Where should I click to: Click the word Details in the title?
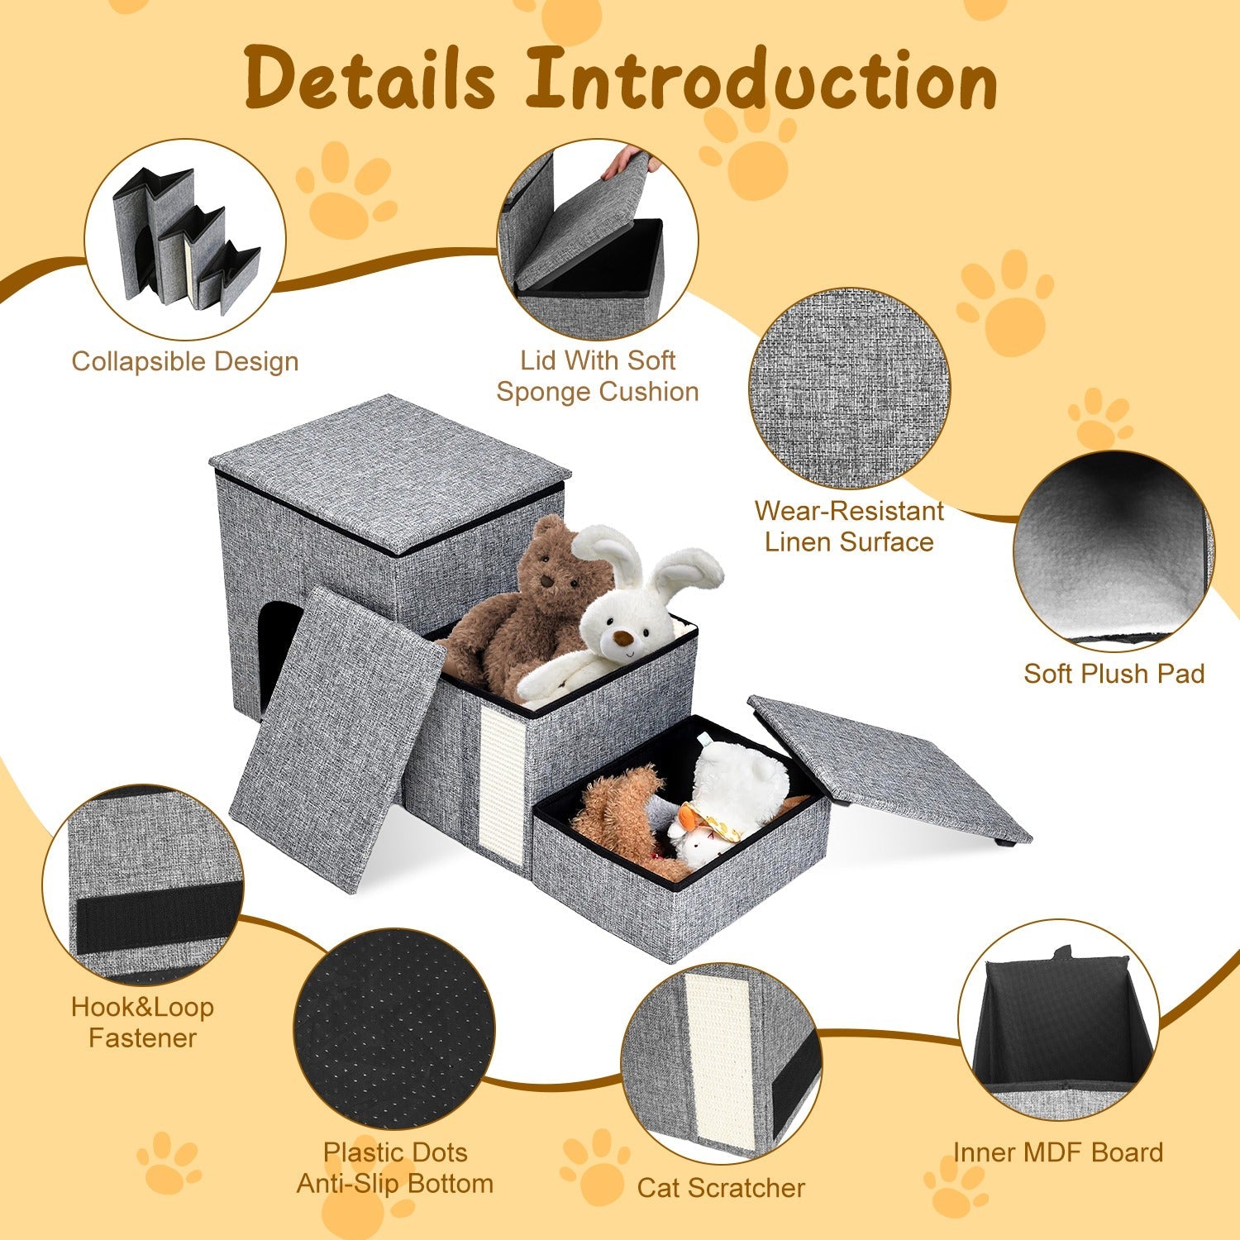(370, 79)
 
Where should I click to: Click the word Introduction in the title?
(761, 79)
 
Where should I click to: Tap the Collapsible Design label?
(184, 361)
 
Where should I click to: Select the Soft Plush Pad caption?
(1114, 673)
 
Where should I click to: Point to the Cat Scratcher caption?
(721, 1188)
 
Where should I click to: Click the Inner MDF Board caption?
(1057, 1152)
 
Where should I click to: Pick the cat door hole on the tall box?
(275, 653)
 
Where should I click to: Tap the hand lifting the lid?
(630, 160)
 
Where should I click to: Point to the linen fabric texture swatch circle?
(849, 389)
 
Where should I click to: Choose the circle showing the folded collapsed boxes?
(185, 240)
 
